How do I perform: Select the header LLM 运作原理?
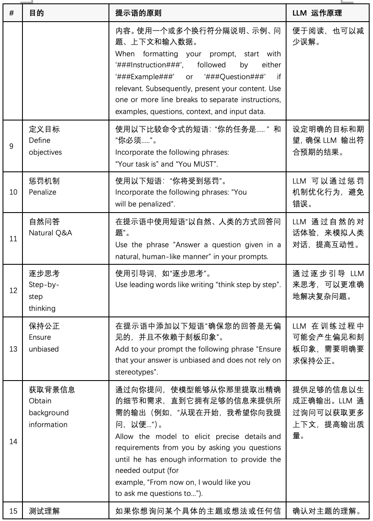coord(317,13)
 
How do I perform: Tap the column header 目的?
coord(36,13)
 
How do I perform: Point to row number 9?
coord(11,146)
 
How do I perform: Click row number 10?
coord(13,192)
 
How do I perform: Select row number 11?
coord(13,239)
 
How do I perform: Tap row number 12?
coord(13,290)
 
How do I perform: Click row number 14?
coord(13,441)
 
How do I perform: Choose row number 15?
coord(13,511)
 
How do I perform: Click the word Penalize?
coord(42,192)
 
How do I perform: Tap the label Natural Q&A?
coord(50,233)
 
